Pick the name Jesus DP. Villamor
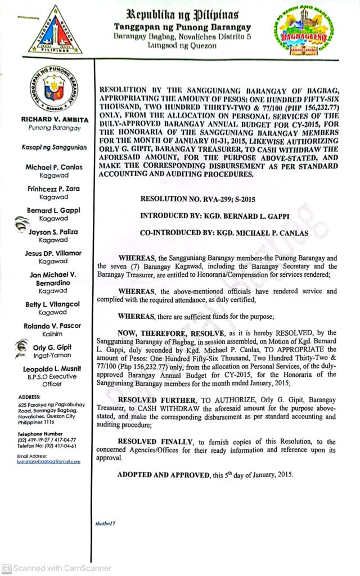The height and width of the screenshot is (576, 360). click(53, 253)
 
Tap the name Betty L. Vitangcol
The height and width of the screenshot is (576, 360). click(53, 304)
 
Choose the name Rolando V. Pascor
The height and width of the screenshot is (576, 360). click(53, 326)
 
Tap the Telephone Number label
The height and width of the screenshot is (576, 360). click(40, 434)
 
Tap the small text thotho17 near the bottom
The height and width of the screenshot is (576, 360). click(106, 524)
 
